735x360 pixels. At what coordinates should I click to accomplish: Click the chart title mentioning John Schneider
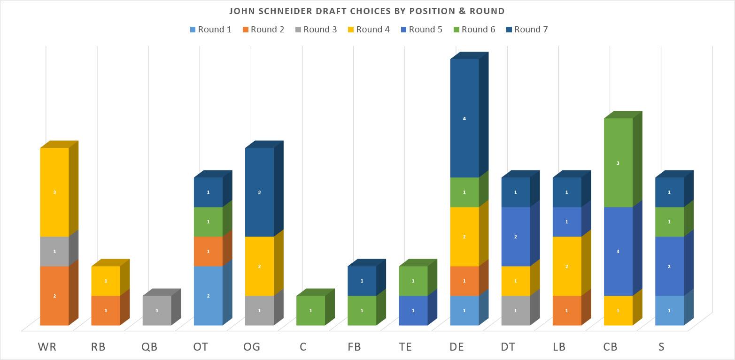coord(367,11)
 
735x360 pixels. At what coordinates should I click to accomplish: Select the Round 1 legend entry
coord(211,30)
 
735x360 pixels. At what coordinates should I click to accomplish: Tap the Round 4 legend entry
coord(369,30)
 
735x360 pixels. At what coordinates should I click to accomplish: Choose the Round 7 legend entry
coord(527,30)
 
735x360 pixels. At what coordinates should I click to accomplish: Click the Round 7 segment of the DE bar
coord(464,118)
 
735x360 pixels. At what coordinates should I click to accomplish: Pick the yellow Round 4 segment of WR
coord(54,192)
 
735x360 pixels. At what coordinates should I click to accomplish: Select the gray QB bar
coord(157,311)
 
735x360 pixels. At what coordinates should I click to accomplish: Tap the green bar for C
coord(311,311)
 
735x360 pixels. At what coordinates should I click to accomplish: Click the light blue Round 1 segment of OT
coord(209,296)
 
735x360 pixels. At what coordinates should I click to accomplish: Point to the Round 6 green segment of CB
coord(618,163)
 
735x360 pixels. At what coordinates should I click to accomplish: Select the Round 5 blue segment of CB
coord(618,252)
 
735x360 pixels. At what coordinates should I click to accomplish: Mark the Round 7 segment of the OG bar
coord(260,192)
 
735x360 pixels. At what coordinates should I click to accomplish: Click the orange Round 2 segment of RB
coord(106,311)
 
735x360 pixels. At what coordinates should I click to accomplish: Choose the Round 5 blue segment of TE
coord(413,311)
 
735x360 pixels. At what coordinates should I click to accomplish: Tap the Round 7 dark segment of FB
coord(362,281)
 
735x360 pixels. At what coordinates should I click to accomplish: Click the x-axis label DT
coord(508,347)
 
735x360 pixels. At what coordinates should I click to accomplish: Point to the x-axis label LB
coord(559,347)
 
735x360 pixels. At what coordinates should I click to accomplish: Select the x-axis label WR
coord(47,347)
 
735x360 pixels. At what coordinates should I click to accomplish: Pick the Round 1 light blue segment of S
coord(669,311)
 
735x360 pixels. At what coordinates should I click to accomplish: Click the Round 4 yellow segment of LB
coord(567,266)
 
